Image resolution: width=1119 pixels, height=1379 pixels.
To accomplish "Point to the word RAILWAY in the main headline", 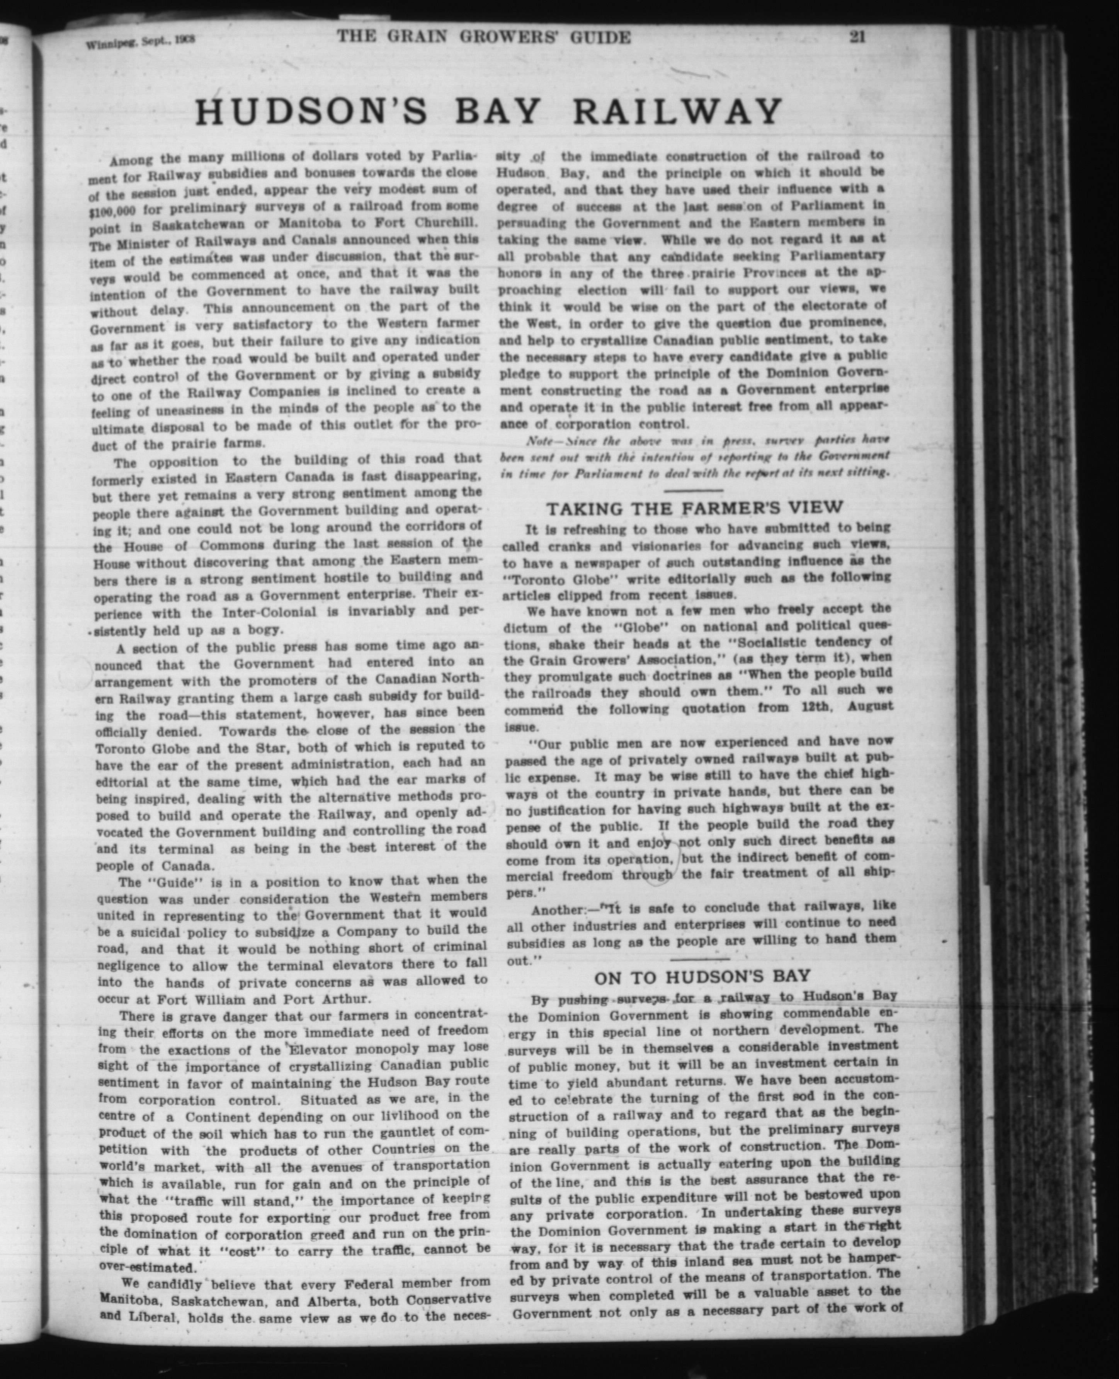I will click(x=677, y=112).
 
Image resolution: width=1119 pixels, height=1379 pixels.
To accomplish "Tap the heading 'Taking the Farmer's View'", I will click(x=694, y=507).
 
